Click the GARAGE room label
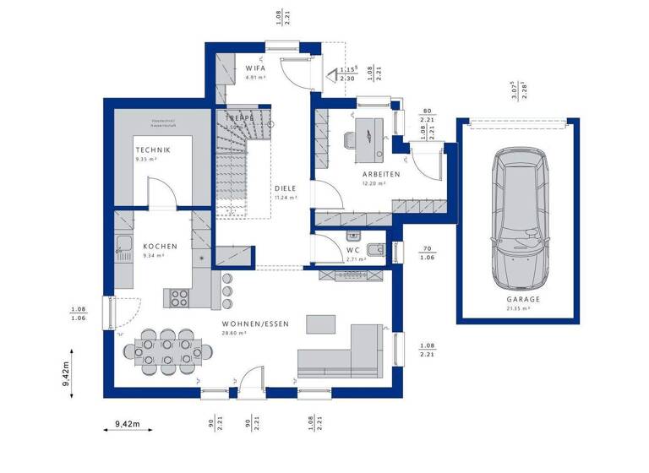tap(523, 299)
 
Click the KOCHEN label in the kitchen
tap(160, 246)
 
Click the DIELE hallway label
tap(285, 188)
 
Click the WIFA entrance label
tap(256, 67)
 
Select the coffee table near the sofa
tap(320, 324)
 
